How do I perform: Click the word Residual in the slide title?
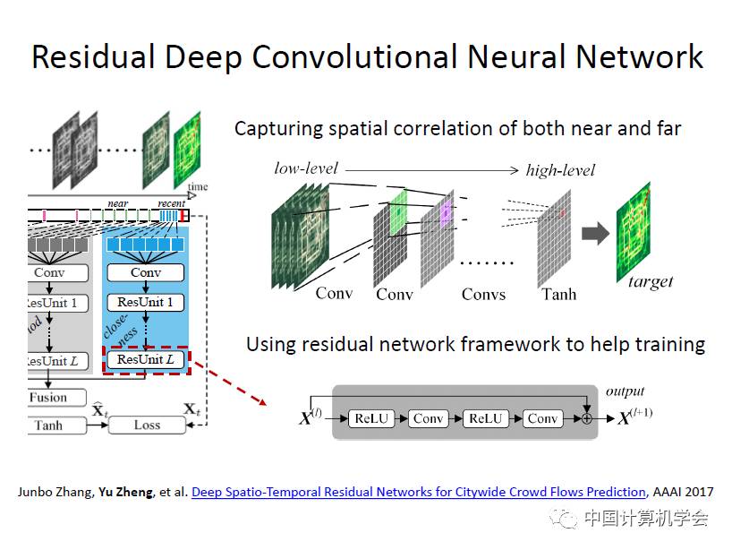pos(89,56)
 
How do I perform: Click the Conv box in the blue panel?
pos(145,272)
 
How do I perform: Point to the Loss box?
pos(147,425)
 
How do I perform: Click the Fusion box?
pos(48,397)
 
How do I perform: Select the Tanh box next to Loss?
pos(48,425)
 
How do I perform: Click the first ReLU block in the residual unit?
pos(370,418)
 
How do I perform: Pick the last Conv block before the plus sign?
pos(542,418)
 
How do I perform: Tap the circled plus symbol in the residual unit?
pos(586,418)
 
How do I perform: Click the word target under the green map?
pos(651,281)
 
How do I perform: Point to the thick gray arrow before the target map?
pos(594,236)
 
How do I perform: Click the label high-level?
pos(560,170)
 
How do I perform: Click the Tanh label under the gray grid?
pos(558,294)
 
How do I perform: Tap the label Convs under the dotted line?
pos(483,294)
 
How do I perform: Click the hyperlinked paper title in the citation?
pos(418,492)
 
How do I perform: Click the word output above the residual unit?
pos(625,391)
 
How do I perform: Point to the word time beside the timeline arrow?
pos(198,186)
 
